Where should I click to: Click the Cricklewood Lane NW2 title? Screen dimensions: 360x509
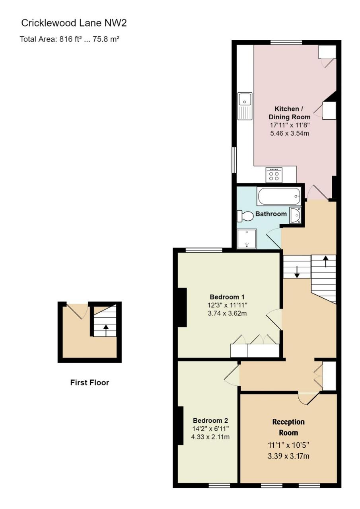(74, 23)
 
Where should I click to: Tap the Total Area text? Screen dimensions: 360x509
(70, 39)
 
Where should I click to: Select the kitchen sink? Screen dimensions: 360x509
(245, 106)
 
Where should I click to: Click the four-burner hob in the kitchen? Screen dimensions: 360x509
(274, 175)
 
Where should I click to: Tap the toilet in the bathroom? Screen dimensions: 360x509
(245, 216)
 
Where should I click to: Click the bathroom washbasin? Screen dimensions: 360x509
(295, 215)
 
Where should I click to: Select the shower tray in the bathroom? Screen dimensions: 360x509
(247, 239)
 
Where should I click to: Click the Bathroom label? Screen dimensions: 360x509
(271, 214)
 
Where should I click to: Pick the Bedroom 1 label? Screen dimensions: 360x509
(227, 297)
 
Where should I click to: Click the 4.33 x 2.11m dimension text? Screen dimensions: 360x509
(211, 437)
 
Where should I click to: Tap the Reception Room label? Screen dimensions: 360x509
(288, 427)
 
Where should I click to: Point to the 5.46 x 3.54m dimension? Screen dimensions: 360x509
(290, 133)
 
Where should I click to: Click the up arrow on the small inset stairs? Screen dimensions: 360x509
(106, 331)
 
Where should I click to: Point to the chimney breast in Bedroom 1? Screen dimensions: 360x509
(182, 307)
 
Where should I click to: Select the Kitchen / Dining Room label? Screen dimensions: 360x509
(289, 113)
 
